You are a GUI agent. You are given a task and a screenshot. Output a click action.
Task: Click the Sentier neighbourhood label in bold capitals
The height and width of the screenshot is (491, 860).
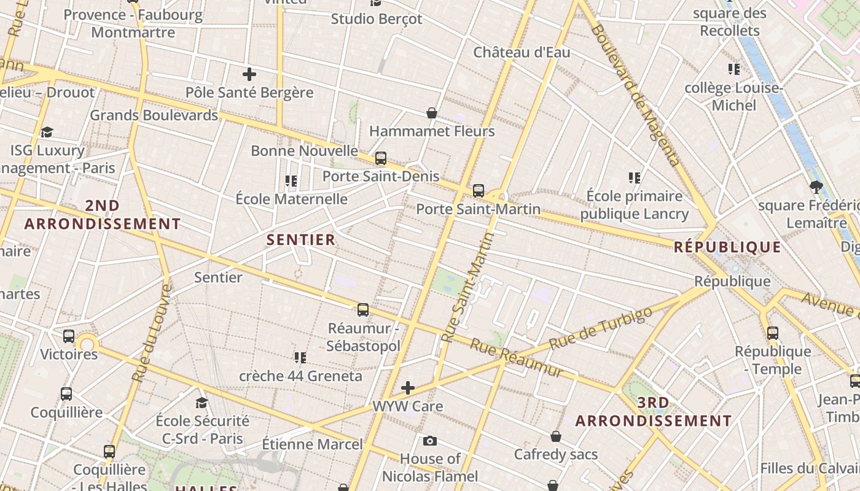tap(301, 239)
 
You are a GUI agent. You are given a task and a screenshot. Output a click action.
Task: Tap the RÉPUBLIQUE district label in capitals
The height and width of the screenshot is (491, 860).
tap(727, 247)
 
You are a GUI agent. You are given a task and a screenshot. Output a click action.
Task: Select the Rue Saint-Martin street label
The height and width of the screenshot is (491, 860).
tap(469, 287)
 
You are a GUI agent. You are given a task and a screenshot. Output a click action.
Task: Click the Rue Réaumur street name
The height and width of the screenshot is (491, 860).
tap(516, 357)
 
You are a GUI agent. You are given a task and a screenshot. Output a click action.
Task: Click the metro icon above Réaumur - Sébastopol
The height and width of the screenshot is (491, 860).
tap(363, 309)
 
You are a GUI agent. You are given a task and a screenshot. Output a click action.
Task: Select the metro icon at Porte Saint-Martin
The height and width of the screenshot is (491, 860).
tap(479, 190)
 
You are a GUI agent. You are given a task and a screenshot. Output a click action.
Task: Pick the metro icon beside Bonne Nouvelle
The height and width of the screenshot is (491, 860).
tap(381, 158)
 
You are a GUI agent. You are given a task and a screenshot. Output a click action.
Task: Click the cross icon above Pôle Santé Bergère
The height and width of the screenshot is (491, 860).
tap(249, 75)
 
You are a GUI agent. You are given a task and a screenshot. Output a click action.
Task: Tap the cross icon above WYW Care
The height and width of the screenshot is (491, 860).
tap(408, 388)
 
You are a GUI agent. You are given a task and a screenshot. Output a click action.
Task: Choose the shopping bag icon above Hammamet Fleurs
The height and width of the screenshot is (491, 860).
tap(432, 113)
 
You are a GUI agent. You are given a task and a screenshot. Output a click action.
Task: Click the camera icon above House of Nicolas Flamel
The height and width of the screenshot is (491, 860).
tap(430, 441)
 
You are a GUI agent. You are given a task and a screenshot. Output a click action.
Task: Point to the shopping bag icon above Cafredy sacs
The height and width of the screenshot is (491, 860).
tap(555, 436)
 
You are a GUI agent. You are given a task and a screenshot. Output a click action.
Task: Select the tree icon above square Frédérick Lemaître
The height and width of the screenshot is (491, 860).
tap(816, 187)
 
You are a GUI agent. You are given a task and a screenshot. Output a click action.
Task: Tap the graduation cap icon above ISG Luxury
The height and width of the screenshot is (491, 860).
tap(47, 132)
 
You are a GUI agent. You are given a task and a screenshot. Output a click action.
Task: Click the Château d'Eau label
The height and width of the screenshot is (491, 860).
tap(522, 53)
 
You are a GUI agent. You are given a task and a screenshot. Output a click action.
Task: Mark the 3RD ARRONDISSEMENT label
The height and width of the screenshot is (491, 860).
tap(654, 412)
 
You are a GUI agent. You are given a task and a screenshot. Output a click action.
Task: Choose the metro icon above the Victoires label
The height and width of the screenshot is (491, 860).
tap(69, 336)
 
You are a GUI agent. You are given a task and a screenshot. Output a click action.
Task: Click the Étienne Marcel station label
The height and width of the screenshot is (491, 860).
tap(312, 444)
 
